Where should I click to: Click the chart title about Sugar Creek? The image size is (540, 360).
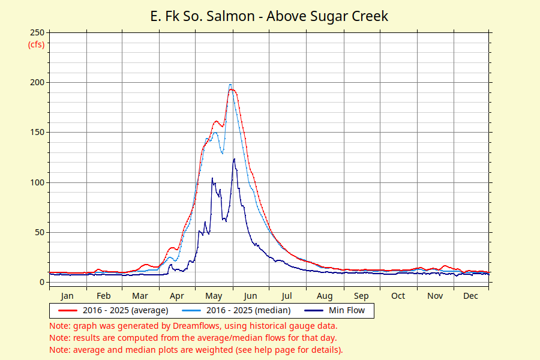click(x=269, y=16)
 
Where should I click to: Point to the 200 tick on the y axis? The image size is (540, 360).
click(x=37, y=82)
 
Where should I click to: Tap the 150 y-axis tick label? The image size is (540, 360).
click(x=37, y=132)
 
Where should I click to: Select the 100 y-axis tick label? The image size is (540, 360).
click(x=37, y=182)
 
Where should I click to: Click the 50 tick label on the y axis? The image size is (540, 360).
click(x=39, y=232)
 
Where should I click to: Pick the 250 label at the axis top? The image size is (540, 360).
click(x=37, y=32)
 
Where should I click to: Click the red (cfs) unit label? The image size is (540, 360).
click(x=36, y=44)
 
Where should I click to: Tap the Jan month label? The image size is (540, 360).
click(x=67, y=296)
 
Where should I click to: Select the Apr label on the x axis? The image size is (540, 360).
click(x=177, y=296)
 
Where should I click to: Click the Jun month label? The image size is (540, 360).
click(x=250, y=296)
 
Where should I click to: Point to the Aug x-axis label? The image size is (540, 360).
click(x=325, y=296)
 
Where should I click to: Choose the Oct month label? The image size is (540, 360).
click(x=398, y=296)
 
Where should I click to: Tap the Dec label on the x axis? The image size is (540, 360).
click(x=471, y=296)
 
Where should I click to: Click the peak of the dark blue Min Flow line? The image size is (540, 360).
click(x=234, y=159)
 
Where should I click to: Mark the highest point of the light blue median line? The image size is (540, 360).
click(x=230, y=85)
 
